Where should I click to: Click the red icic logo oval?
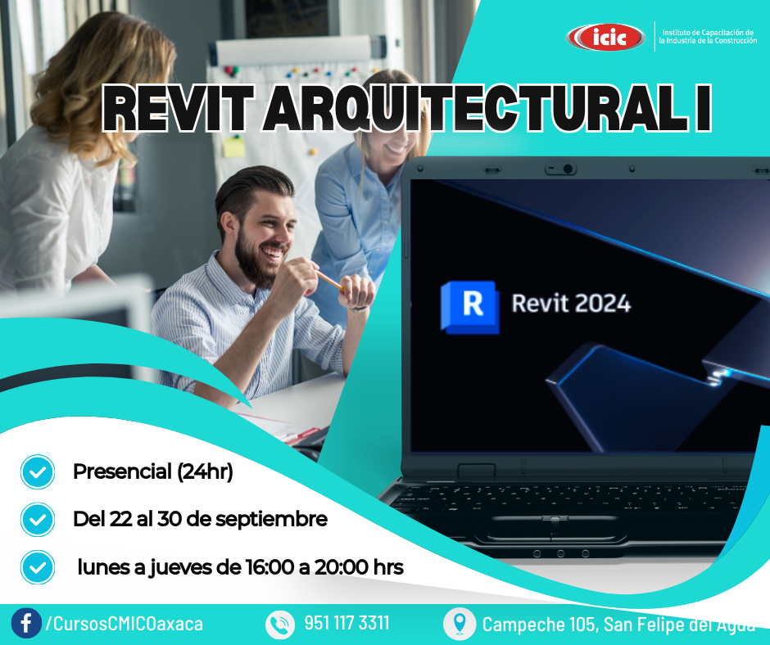pyautogui.click(x=605, y=37)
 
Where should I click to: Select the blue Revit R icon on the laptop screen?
pyautogui.click(x=470, y=307)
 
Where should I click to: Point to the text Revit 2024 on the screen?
pyautogui.click(x=571, y=304)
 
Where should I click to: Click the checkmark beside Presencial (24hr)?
pyautogui.click(x=38, y=471)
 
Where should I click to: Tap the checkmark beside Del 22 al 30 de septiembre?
pyautogui.click(x=38, y=519)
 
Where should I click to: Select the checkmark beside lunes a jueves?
pyautogui.click(x=38, y=567)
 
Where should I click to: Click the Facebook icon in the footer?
pyautogui.click(x=26, y=624)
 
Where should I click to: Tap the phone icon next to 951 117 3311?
pyautogui.click(x=280, y=625)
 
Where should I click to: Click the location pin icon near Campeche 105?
pyautogui.click(x=460, y=624)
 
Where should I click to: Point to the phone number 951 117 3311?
pyautogui.click(x=346, y=623)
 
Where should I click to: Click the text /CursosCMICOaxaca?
pyautogui.click(x=124, y=624)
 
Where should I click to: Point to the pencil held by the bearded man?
pyautogui.click(x=329, y=280)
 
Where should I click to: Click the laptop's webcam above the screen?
pyautogui.click(x=568, y=169)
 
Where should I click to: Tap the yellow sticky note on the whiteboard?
pyautogui.click(x=233, y=147)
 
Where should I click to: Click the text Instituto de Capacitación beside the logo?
pyautogui.click(x=708, y=33)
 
